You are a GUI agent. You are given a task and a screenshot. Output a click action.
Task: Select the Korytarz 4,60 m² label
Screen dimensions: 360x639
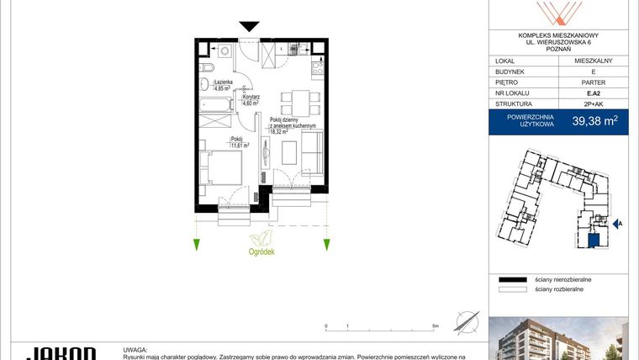[251, 100]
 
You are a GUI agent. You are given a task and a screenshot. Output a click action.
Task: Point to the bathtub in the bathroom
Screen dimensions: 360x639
[217, 107]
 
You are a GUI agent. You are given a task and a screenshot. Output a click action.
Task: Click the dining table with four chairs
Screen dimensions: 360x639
[299, 103]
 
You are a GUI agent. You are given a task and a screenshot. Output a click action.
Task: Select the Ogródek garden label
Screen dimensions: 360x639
[261, 250]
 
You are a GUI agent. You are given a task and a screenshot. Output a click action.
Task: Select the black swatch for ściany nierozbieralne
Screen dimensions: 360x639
[510, 278]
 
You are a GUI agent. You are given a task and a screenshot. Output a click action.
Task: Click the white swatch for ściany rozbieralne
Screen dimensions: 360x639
[510, 289]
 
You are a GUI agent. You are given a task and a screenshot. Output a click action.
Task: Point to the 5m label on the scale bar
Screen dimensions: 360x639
[436, 325]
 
